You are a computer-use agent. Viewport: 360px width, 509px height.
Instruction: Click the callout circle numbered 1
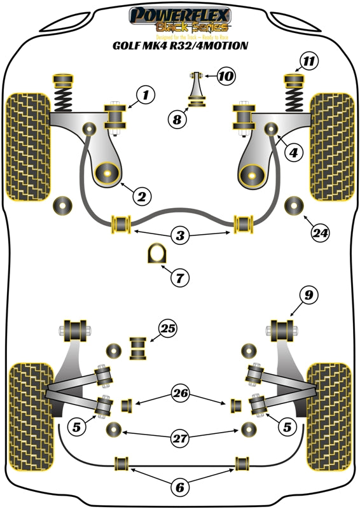click(x=145, y=96)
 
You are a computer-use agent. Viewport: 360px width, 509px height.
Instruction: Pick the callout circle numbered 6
click(x=180, y=487)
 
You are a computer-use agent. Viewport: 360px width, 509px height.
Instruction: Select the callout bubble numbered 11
click(x=308, y=62)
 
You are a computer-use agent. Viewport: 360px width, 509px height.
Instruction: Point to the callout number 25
click(x=168, y=329)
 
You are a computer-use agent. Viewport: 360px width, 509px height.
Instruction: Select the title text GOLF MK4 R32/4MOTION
click(x=181, y=46)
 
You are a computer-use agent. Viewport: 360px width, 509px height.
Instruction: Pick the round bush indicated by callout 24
click(x=294, y=206)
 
